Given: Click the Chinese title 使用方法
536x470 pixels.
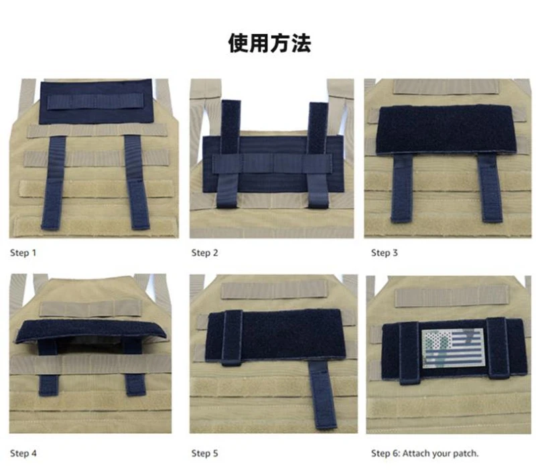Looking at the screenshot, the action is click(x=269, y=44).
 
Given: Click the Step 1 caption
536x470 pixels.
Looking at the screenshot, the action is click(x=23, y=253).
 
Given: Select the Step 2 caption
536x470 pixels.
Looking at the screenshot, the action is click(x=204, y=253).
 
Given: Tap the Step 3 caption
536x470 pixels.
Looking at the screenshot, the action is click(x=385, y=253).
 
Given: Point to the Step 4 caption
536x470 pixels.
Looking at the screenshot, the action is click(x=23, y=453).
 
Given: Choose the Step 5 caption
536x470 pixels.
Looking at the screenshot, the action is click(x=204, y=453).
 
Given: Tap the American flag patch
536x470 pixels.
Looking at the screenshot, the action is click(x=453, y=348).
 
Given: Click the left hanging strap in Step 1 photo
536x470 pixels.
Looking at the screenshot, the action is click(x=52, y=183).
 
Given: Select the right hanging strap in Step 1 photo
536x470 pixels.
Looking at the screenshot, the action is click(x=137, y=182).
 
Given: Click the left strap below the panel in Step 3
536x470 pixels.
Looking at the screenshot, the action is click(x=403, y=188).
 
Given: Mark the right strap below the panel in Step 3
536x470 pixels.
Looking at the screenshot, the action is click(x=490, y=188).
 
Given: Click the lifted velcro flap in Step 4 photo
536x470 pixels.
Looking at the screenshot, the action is click(x=90, y=331).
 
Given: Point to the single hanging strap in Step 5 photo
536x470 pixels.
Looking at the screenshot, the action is click(x=323, y=395).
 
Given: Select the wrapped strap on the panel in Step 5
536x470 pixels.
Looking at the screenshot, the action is click(x=232, y=338).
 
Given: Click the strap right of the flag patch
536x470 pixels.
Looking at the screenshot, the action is click(x=498, y=347).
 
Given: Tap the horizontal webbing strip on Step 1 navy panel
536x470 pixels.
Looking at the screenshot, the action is click(x=94, y=101).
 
